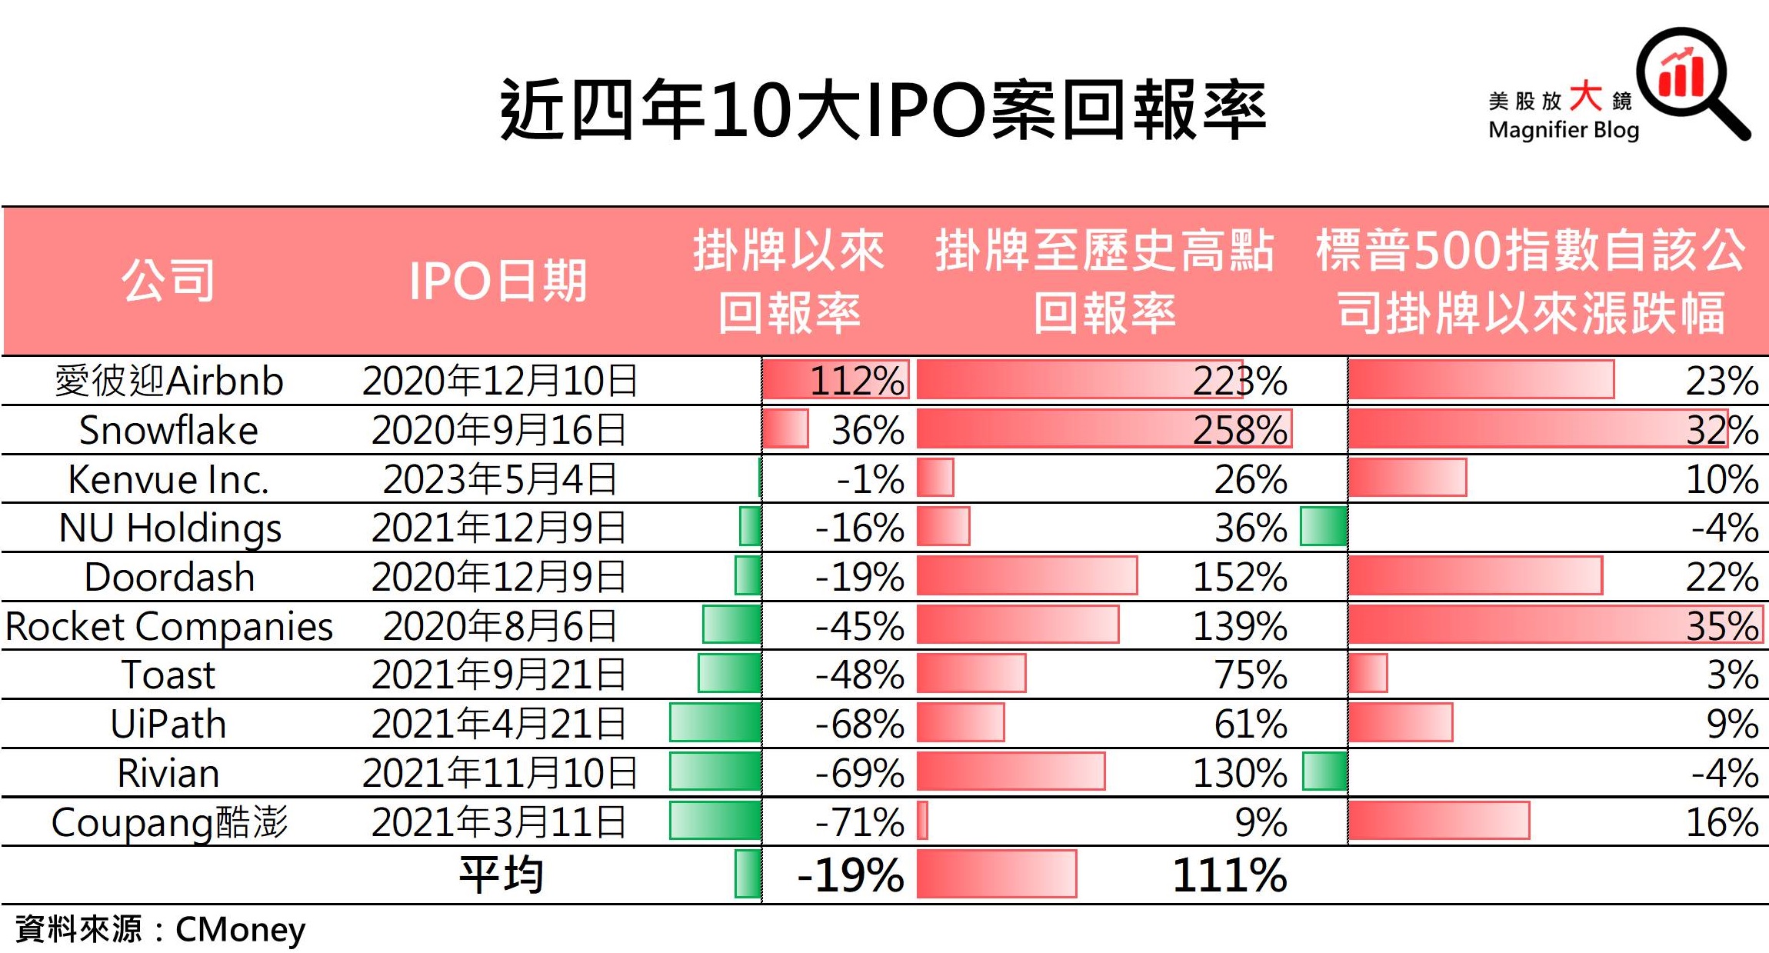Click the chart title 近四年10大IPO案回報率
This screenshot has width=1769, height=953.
(x=883, y=110)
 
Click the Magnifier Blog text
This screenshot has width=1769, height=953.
(x=1564, y=130)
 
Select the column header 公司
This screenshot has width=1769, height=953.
(x=168, y=280)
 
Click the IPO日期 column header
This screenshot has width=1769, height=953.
(x=498, y=280)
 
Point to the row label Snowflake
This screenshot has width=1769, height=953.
(x=168, y=430)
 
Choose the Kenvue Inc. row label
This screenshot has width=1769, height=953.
(x=168, y=479)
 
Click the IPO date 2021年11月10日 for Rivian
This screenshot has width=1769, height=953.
(x=500, y=773)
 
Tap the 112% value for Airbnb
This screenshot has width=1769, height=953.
(x=857, y=381)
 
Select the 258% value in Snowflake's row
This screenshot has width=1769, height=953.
(x=1240, y=430)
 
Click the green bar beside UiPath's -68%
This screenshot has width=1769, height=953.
(x=715, y=723)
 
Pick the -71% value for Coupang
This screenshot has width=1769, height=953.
(x=860, y=822)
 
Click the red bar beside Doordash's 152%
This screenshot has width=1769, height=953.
(x=1027, y=576)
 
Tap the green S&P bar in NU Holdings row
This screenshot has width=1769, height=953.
(x=1324, y=527)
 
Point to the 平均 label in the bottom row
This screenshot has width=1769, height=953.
(x=501, y=875)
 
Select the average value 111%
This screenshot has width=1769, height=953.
(x=1229, y=875)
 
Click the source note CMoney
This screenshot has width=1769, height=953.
(x=240, y=930)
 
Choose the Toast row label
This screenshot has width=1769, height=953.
(x=168, y=675)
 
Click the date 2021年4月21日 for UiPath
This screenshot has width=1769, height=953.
(x=498, y=724)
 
